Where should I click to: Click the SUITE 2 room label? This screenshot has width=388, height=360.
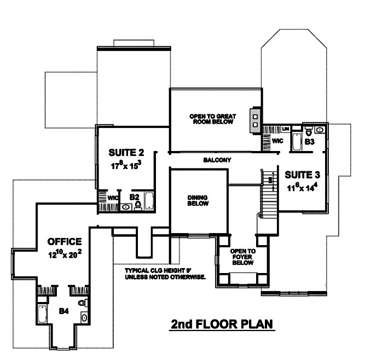(x=126, y=152)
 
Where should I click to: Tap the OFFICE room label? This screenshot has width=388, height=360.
(x=65, y=241)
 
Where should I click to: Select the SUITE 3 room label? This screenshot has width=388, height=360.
(x=302, y=175)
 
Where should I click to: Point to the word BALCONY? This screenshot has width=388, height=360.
(x=217, y=160)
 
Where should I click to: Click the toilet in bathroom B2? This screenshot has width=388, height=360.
(x=138, y=205)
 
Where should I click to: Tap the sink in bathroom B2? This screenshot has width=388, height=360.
(x=125, y=207)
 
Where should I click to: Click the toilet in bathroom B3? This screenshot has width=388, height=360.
(x=308, y=131)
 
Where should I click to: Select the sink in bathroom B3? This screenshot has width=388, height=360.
(x=319, y=130)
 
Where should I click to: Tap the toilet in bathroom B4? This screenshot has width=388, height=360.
(x=82, y=302)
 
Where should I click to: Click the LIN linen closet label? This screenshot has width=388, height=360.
(x=286, y=129)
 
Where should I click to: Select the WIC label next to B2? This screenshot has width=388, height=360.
(x=113, y=198)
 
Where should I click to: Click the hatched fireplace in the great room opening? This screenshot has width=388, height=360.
(x=255, y=119)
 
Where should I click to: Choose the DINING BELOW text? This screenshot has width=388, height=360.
(x=197, y=200)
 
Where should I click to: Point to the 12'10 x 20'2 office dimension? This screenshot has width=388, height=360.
(x=65, y=254)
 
